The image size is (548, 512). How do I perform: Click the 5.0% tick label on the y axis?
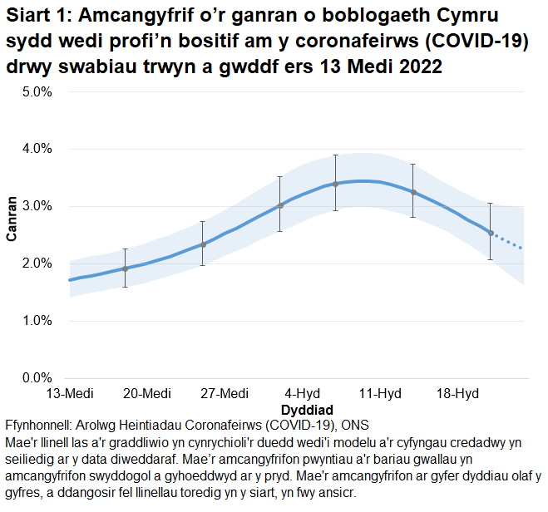pos(37,91)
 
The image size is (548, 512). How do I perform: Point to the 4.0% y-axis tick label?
pos(37,149)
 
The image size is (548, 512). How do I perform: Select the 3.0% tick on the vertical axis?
pos(37,206)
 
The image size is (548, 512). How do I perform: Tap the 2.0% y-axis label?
pos(37,263)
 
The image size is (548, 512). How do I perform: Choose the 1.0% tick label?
pos(37,321)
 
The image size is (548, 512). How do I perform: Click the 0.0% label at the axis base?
pos(37,378)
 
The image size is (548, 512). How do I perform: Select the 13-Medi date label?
pos(69,393)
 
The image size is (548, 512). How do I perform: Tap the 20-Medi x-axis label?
pos(147,393)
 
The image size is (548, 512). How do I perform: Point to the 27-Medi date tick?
pos(225,393)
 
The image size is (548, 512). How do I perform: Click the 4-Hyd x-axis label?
pos(303,393)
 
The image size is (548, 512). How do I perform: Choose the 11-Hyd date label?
pos(380,393)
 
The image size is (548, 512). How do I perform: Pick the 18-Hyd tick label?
pos(457,393)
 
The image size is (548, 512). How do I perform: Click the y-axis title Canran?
pos(12,218)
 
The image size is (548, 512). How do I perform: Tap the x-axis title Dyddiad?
pos(307,410)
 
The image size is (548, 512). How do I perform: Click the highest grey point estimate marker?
pos(335,184)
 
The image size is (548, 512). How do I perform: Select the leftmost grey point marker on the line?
pos(125,268)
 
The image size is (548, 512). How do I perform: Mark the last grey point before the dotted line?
pos(491,234)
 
